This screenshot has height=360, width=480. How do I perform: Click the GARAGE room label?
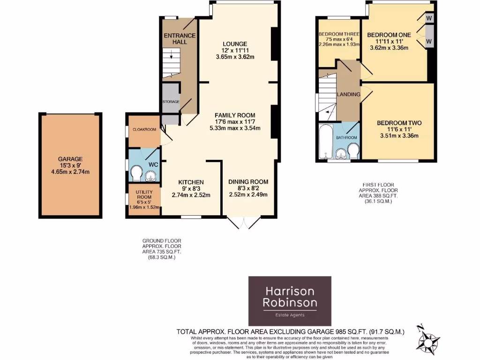coord(70,159)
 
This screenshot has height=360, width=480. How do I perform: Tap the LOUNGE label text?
coord(235,44)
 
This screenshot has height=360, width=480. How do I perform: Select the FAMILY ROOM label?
coord(235,115)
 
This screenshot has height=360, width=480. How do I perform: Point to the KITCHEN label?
coord(191,182)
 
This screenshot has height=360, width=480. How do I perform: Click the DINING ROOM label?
coord(248,182)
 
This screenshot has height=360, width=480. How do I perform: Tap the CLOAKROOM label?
coord(143,129)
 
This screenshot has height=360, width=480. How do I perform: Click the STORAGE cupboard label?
coord(171,101)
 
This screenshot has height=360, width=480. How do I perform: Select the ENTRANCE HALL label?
coord(180,38)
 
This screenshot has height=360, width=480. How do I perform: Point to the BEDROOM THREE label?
coord(337,34)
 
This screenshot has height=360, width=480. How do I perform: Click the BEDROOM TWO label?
coord(399,123)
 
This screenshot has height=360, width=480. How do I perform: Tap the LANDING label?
coord(348,95)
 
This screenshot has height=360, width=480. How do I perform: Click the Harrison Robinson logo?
coord(289,300)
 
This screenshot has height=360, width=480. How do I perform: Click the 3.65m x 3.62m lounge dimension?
coord(235,57)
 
